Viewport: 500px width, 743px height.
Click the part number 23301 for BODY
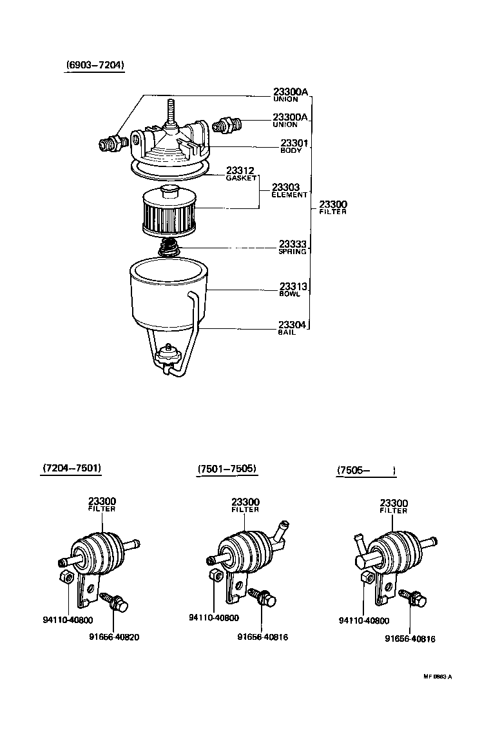click(x=294, y=143)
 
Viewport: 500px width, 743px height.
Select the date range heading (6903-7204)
click(x=95, y=65)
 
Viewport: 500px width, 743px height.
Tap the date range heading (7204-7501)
click(x=72, y=468)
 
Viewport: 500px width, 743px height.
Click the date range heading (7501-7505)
click(x=227, y=469)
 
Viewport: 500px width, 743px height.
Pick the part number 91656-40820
click(x=113, y=637)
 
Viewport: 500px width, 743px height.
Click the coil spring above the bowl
click(x=169, y=246)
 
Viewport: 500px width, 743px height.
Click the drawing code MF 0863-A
click(x=438, y=677)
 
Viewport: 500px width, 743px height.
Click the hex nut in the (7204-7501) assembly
click(x=64, y=576)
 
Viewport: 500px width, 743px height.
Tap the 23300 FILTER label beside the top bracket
click(x=332, y=207)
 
